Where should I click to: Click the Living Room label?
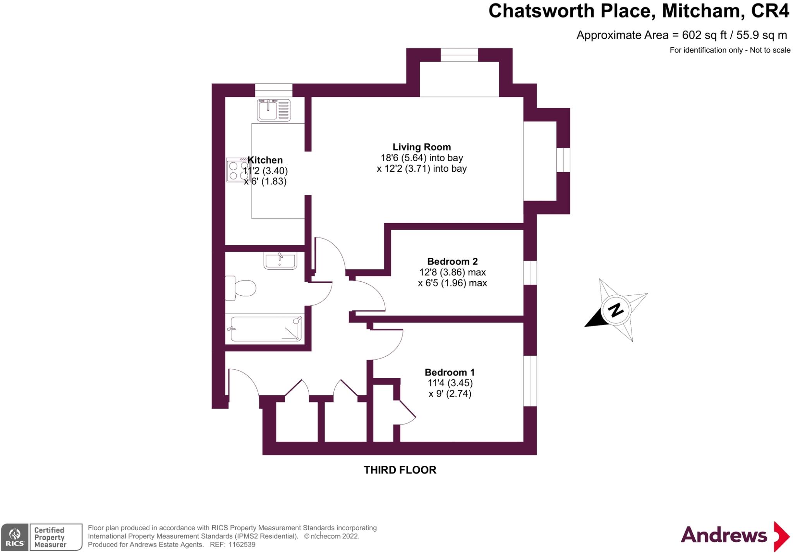click(422, 147)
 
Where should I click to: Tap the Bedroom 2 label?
click(452, 261)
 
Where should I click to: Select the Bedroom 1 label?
click(450, 372)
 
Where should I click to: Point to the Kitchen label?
click(265, 160)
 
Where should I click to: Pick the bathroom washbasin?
click(280, 260)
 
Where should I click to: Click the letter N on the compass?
click(616, 310)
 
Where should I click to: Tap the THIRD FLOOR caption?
click(400, 470)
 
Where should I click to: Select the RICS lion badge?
click(15, 537)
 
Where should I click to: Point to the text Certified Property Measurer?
click(50, 537)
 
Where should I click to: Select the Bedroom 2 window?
click(530, 273)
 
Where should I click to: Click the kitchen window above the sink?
click(273, 90)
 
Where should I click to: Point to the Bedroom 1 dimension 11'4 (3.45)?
click(450, 383)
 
